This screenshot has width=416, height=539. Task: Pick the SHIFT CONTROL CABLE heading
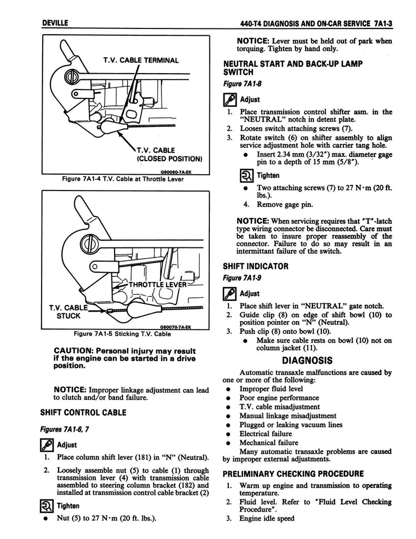(83, 412)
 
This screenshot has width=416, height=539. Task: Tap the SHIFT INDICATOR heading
(256, 266)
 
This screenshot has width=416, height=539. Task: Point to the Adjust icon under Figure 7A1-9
(230, 293)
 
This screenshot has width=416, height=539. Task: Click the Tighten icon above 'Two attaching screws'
(230, 175)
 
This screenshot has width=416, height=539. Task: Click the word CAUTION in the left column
(77, 351)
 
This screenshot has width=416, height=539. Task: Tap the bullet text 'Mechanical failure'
(269, 443)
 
